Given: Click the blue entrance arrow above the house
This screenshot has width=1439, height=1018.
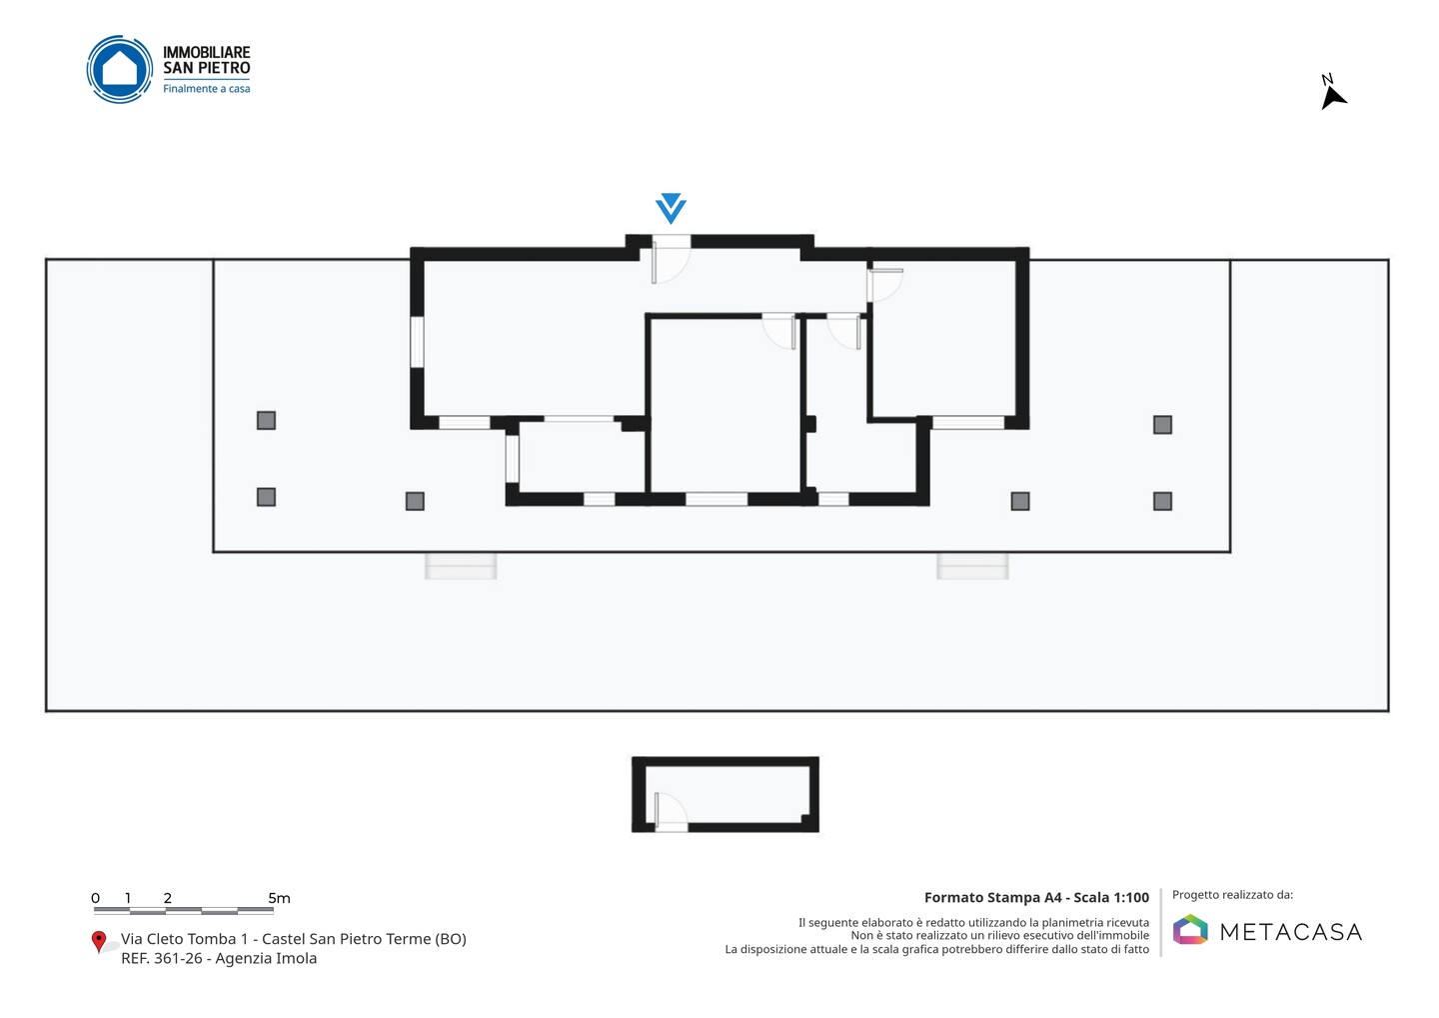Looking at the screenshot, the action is [x=671, y=208].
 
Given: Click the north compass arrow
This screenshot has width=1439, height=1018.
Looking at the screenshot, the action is [x=1333, y=98].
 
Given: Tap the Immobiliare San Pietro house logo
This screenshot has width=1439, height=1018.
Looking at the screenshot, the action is [x=120, y=69].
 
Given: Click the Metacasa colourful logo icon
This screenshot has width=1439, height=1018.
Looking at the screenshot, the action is [x=1190, y=929].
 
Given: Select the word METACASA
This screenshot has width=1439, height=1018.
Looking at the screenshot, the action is [x=1291, y=932].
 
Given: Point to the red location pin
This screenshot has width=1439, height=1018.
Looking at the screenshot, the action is [x=98, y=942].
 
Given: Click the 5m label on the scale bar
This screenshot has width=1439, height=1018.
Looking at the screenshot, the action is [x=279, y=898].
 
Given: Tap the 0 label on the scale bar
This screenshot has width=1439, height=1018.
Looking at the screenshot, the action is [x=95, y=898].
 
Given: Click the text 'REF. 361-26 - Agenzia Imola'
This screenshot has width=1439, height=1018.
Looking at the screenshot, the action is [x=219, y=958].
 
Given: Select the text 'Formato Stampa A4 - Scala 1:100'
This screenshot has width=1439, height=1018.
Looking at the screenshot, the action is [x=1036, y=897].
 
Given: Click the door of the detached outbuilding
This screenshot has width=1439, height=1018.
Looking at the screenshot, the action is [x=671, y=811].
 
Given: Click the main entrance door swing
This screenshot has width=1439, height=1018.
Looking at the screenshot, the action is [x=671, y=260].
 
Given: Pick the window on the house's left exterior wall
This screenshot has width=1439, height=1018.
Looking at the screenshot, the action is [x=417, y=342].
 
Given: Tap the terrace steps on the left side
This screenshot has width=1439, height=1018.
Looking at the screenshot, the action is [x=461, y=566].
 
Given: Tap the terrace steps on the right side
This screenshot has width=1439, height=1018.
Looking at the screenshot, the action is [x=972, y=566].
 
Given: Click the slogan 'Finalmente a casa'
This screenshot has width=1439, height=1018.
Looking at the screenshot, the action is [x=206, y=89].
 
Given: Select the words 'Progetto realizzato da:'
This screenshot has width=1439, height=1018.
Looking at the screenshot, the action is [x=1232, y=895].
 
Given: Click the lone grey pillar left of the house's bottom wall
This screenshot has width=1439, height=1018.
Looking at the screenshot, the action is [x=415, y=501].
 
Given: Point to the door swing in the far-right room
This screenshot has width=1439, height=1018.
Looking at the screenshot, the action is [x=884, y=285].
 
